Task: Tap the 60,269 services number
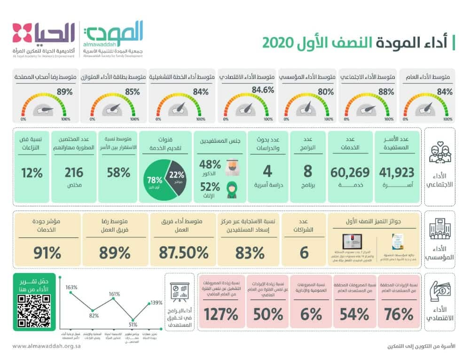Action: (350, 172)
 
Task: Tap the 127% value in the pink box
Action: (221, 314)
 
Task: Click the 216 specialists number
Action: (74, 172)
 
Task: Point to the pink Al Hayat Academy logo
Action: (22, 33)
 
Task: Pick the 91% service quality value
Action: (48, 252)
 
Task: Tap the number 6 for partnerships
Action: (304, 252)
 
